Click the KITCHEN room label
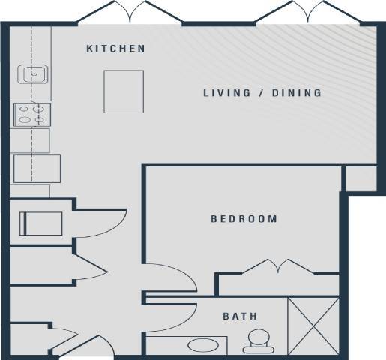click(115, 49)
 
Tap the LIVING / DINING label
click(262, 93)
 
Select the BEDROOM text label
click(244, 219)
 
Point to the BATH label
click(240, 316)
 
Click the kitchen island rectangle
click(124, 91)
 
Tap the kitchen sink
click(34, 74)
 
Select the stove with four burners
click(31, 114)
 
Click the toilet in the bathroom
click(257, 340)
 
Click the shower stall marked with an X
click(314, 325)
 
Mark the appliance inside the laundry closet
click(40, 223)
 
